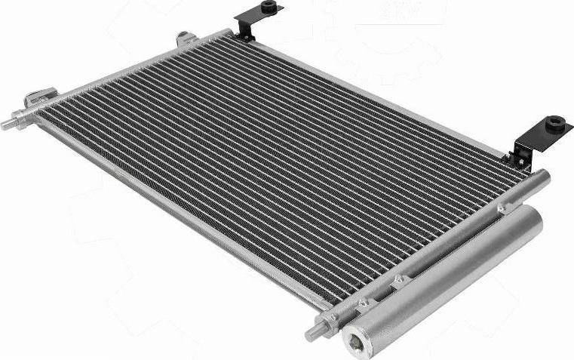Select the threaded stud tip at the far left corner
[6, 125]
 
